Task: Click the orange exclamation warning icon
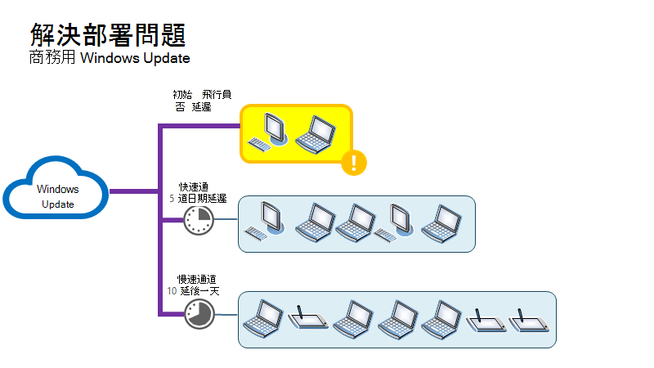(353, 162)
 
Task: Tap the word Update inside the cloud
(57, 204)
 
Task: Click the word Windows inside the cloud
(57, 190)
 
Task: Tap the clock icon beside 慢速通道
(198, 314)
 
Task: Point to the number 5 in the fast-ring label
(172, 198)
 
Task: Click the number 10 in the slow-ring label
(172, 290)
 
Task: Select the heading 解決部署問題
(107, 35)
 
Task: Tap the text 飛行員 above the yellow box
(217, 95)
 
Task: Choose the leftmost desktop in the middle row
(266, 222)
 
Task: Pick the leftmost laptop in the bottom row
(266, 319)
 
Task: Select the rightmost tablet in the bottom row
(528, 321)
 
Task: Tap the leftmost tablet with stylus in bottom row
(309, 319)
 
